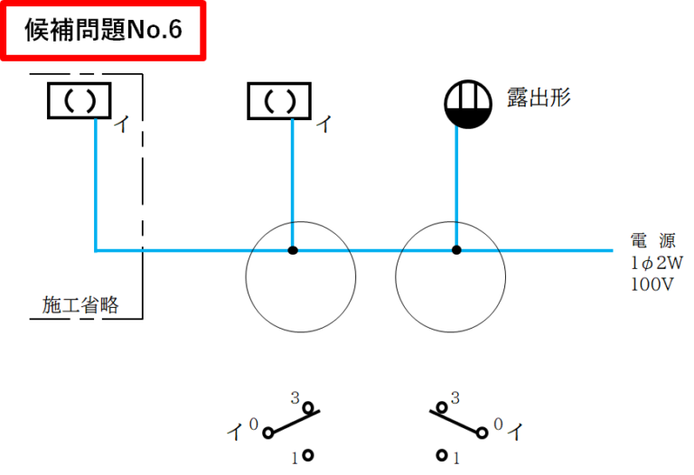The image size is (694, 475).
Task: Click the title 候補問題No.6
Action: point(104,30)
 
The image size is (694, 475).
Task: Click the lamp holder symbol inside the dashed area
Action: point(79,100)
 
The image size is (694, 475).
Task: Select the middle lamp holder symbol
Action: point(279,100)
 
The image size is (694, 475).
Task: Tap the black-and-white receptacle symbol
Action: point(466,105)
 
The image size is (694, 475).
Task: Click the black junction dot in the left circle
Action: point(293,250)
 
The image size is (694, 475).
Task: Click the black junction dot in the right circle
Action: point(456,250)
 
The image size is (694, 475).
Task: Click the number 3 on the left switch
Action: point(295,397)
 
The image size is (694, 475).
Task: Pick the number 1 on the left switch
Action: point(295,458)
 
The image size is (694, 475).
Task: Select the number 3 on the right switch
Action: point(455,397)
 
